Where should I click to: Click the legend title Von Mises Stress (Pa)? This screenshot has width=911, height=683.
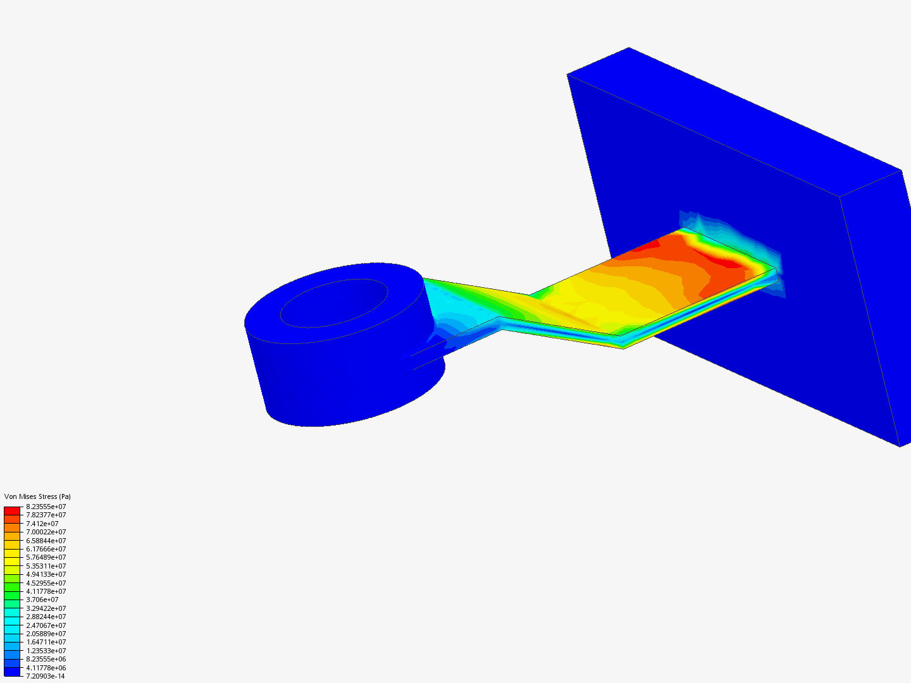[x=37, y=496]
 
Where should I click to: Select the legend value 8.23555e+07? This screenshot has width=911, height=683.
[x=46, y=507]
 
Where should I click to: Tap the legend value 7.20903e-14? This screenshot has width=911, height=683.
[x=45, y=676]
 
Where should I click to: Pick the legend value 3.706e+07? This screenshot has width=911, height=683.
[x=42, y=600]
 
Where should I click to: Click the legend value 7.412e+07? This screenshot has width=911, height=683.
[x=42, y=524]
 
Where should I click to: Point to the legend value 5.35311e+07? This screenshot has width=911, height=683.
[x=46, y=566]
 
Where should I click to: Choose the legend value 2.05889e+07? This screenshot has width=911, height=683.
[x=46, y=634]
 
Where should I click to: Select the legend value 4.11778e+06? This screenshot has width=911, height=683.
[x=46, y=668]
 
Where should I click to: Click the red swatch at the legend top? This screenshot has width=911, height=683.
[x=12, y=510]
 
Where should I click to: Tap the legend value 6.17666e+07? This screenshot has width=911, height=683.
[x=46, y=549]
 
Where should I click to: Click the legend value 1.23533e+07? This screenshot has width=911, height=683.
[x=46, y=651]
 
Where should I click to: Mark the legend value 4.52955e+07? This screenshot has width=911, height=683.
[x=46, y=583]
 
